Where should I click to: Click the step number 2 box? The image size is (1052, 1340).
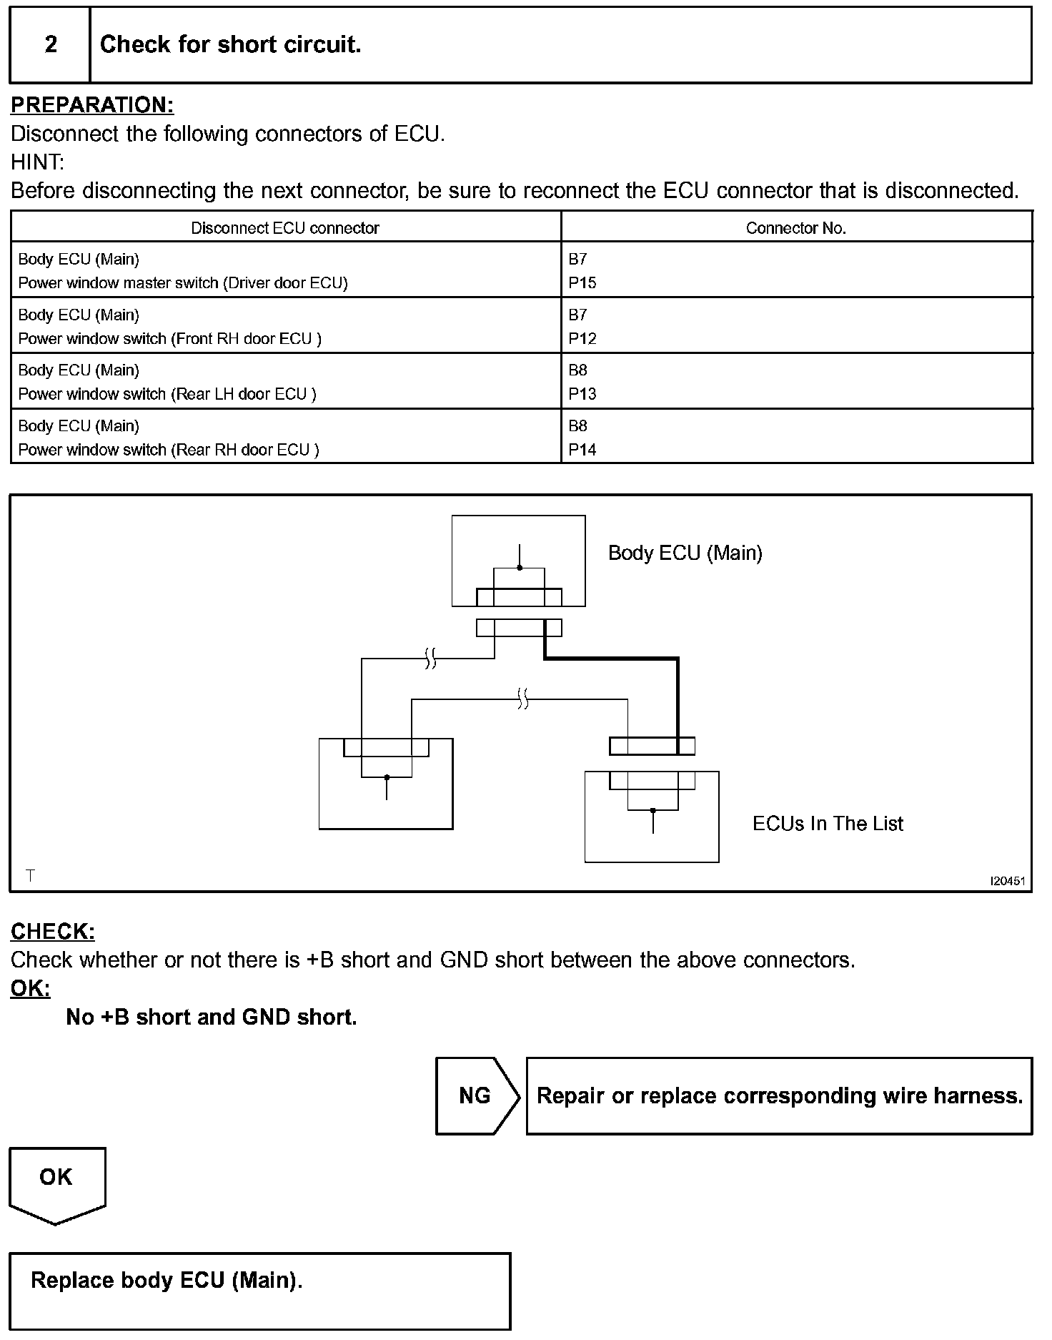click(x=50, y=44)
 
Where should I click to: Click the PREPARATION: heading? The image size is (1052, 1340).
click(x=92, y=105)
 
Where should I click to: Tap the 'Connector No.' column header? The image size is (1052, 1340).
click(x=795, y=228)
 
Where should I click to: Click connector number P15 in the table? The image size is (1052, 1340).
click(x=582, y=283)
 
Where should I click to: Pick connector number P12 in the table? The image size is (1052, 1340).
click(x=582, y=339)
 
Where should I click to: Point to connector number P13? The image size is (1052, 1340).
click(x=582, y=394)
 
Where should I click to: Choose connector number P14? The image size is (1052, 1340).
click(x=582, y=450)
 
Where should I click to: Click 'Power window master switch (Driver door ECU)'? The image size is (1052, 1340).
click(x=183, y=283)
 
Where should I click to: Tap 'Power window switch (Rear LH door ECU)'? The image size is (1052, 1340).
click(x=167, y=394)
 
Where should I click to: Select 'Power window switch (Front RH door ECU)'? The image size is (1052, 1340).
click(x=170, y=339)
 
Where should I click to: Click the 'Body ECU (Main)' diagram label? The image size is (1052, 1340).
click(x=685, y=553)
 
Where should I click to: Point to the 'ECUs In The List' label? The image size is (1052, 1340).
click(x=827, y=824)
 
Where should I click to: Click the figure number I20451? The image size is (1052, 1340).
click(x=1007, y=882)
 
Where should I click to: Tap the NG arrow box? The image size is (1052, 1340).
click(x=476, y=1095)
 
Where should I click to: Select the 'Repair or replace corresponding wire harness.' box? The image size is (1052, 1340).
click(x=779, y=1095)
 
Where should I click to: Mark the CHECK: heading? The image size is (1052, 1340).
click(x=53, y=932)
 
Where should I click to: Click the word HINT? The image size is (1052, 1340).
click(x=37, y=162)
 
